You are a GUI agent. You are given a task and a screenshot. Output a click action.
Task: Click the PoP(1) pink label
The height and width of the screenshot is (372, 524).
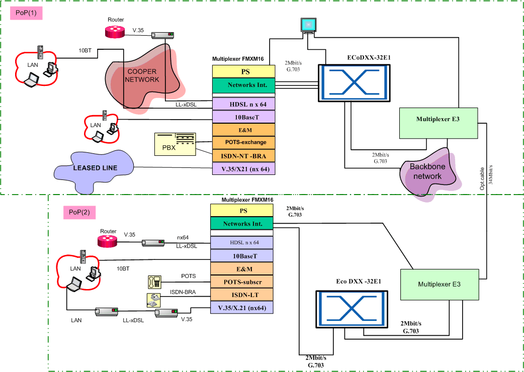coord(25,13)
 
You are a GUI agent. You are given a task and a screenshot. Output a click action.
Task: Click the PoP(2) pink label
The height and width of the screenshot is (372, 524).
coord(79,212)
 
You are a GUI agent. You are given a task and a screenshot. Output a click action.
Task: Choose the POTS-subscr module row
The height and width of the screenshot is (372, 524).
coord(241,282)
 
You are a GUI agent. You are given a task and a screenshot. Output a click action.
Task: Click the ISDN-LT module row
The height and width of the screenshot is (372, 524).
coord(241,294)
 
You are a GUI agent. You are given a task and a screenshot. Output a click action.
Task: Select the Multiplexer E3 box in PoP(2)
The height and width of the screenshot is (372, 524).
coord(438,285)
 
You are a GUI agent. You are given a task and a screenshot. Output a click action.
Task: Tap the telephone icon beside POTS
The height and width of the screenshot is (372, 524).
coord(154,281)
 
